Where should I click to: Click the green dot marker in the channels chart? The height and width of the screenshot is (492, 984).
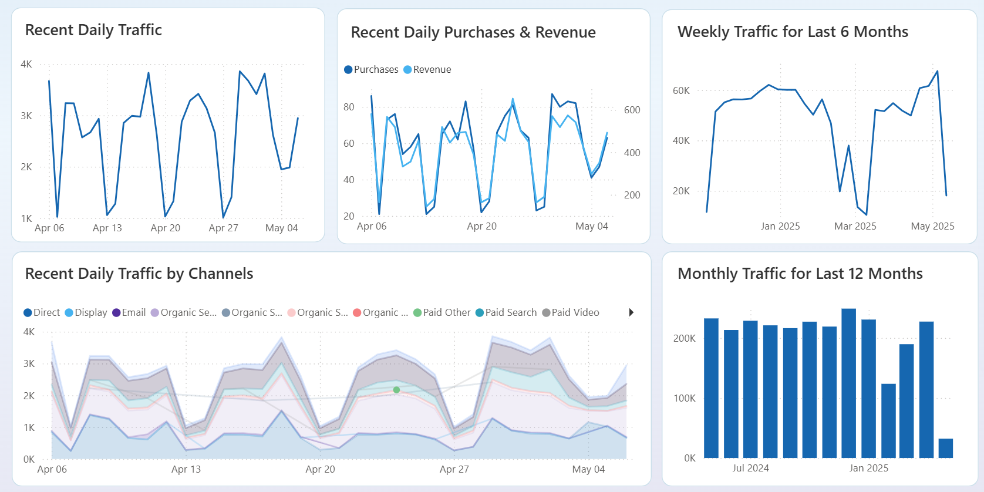pos(396,390)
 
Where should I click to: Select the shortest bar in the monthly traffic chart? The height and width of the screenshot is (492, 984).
pos(945,448)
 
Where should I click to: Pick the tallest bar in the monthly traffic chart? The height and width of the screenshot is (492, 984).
pos(848,383)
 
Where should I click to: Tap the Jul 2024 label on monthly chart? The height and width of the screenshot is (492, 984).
pos(750,468)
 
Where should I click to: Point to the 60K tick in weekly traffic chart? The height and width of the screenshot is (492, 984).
pos(681,90)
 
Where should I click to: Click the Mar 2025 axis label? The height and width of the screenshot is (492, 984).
pos(855,226)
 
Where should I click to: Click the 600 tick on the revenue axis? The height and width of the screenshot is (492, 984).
pos(632,110)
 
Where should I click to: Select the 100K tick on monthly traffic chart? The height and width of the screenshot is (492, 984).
pos(684,398)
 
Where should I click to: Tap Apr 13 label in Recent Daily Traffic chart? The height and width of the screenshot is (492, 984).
pos(107,228)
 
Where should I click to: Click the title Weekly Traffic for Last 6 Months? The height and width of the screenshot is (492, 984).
pos(793,32)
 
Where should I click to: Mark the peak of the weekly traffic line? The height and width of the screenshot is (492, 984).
pos(937,72)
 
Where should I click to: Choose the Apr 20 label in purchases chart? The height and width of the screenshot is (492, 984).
pos(481,226)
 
